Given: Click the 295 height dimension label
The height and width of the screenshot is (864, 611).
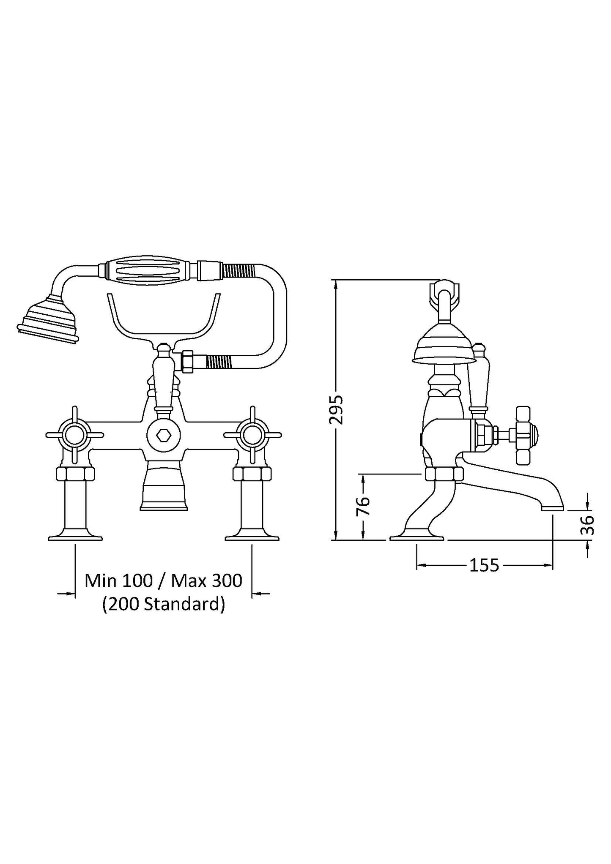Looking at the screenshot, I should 337,410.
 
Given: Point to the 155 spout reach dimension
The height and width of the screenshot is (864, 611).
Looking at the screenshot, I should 485,565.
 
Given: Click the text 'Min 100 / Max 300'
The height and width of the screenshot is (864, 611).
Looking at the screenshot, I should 163,581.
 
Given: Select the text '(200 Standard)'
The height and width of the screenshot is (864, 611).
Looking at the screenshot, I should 163,604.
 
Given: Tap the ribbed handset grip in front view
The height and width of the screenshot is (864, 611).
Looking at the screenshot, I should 148,270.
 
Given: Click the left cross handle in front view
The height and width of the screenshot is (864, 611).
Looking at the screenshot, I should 75,435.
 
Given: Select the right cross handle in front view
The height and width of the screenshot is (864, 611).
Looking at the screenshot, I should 252,435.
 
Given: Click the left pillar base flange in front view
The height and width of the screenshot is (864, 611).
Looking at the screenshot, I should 75,537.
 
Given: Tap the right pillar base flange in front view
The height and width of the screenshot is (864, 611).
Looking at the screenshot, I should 252,537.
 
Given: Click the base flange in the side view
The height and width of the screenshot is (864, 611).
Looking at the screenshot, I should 416,537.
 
